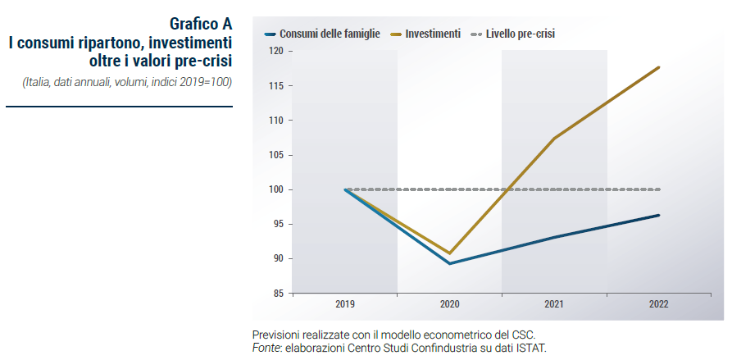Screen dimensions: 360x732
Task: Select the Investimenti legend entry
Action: click(x=431, y=34)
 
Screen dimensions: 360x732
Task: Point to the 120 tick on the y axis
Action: click(x=277, y=51)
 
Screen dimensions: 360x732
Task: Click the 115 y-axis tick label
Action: click(x=277, y=86)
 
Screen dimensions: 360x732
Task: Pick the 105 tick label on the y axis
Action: click(x=277, y=155)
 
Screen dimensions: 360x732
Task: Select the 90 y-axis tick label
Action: click(x=279, y=258)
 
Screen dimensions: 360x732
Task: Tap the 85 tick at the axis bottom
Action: click(x=279, y=293)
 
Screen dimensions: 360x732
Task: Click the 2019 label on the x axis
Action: click(x=345, y=304)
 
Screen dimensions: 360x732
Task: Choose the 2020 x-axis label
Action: click(x=450, y=304)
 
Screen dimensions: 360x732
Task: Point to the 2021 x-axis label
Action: click(x=554, y=304)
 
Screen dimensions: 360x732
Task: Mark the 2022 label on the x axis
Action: click(x=658, y=304)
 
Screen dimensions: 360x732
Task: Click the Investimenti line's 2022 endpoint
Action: click(x=658, y=67)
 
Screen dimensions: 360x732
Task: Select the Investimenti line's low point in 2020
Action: click(x=450, y=253)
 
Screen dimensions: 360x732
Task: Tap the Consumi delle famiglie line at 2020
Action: click(x=450, y=263)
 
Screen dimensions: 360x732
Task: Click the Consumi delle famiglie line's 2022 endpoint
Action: click(x=658, y=216)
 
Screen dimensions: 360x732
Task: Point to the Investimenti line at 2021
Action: click(x=554, y=139)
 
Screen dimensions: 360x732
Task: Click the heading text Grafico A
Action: click(x=201, y=23)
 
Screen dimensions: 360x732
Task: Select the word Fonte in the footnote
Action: click(x=267, y=349)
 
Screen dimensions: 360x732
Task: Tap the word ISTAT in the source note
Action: click(x=527, y=349)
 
